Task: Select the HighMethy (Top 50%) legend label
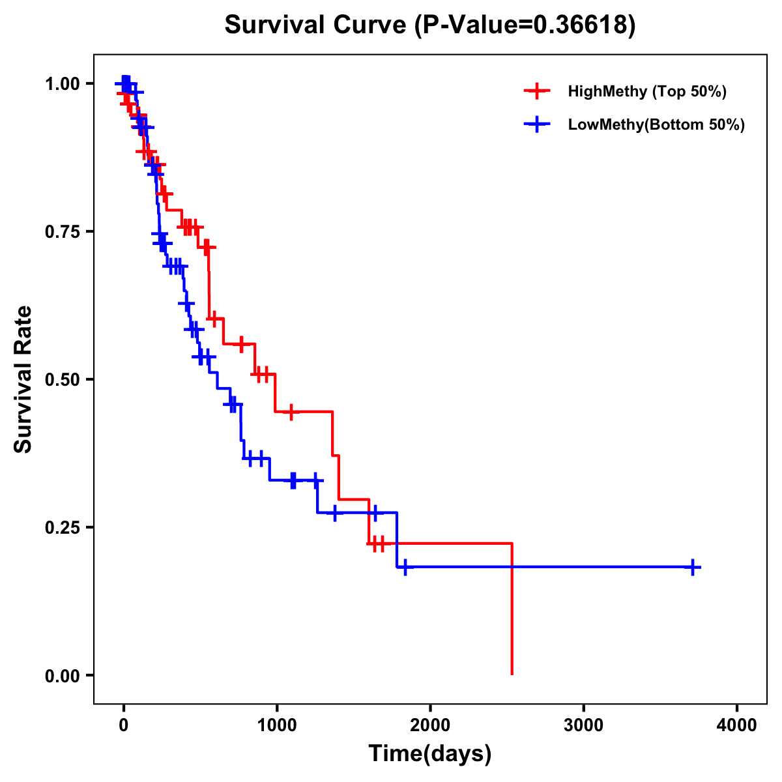click(646, 91)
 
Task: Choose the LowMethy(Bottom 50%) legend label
click(656, 125)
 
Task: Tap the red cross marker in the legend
click(536, 91)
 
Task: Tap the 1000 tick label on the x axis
click(277, 725)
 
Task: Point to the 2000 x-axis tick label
click(430, 725)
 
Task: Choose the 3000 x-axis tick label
click(583, 725)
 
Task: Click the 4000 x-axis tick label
click(737, 725)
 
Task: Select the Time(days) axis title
click(430, 754)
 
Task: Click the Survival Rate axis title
click(24, 379)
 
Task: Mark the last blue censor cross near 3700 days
click(693, 567)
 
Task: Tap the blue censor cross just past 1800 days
click(405, 567)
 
